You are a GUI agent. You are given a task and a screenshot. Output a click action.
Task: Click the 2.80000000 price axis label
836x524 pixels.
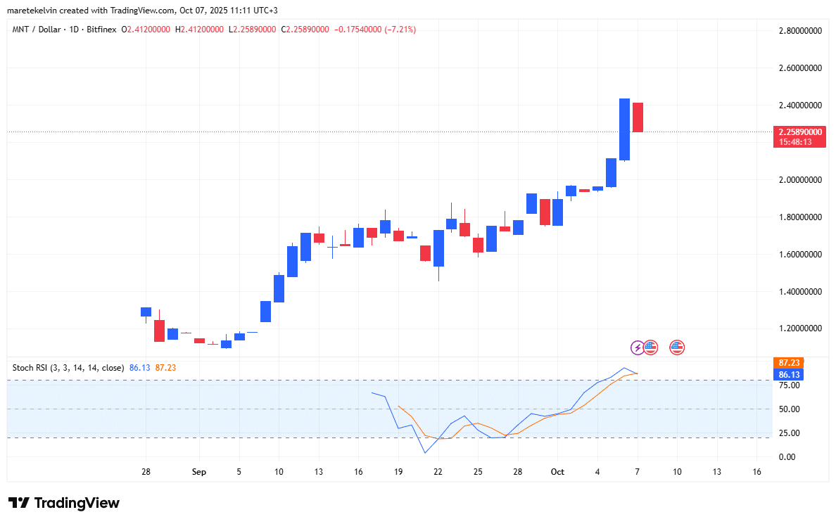coord(800,31)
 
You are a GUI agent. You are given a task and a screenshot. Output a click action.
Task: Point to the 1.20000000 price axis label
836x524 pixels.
coord(800,328)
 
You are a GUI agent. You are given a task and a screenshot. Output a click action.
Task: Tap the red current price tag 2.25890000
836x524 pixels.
coord(800,132)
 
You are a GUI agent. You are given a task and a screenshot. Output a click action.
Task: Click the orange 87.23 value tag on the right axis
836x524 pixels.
coord(786,362)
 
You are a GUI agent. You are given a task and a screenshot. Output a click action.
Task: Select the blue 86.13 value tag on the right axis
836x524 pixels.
coord(786,373)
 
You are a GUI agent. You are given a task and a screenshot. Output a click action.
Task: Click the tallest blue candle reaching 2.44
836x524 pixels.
coord(624,129)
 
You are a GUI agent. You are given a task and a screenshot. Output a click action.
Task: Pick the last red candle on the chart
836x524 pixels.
coord(638,117)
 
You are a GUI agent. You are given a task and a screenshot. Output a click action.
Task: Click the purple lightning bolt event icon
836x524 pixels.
coord(637,347)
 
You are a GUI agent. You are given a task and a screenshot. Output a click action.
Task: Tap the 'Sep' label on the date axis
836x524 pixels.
coord(199,472)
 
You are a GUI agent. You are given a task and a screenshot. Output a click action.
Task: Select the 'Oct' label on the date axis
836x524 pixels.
coord(557,472)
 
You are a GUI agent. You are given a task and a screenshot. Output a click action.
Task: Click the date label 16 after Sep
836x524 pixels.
coord(358,472)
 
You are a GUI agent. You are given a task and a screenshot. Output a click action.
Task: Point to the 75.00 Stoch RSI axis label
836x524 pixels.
coord(788,385)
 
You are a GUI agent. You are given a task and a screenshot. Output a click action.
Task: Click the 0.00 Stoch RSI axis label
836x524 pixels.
coord(788,457)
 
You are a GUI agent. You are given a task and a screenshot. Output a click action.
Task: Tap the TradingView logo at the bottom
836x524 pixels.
coord(64,503)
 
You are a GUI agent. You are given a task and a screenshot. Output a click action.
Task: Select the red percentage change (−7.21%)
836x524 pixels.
coord(395,30)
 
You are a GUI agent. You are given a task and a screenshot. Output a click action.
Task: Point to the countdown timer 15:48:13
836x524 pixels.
coord(795,141)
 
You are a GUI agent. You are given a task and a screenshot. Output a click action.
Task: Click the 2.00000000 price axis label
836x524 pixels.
coord(800,180)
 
